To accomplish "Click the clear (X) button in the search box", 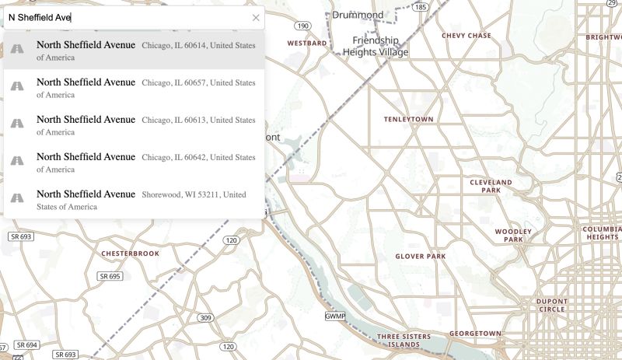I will coord(256,17).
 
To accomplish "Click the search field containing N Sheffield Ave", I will coord(124,17).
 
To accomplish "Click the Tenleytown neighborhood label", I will coord(408,120).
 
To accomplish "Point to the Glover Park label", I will coord(420,256).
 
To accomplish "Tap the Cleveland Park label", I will coord(491,186).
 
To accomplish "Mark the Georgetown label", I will coord(475,334).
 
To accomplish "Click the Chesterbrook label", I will coord(130,253).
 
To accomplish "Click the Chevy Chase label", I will coord(466,36).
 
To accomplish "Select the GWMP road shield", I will coord(334,316).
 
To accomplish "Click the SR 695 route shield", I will coord(110,276).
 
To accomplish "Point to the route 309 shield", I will coord(204,317).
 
